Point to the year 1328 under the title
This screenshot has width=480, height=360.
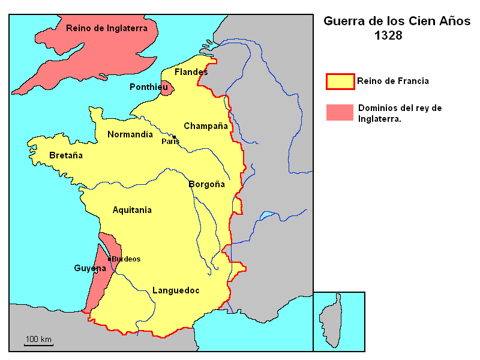[x=388, y=35]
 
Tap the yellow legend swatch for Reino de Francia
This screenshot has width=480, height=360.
[x=340, y=81]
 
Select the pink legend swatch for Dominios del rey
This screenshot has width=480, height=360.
[x=340, y=112]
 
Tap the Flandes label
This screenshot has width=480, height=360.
[x=191, y=72]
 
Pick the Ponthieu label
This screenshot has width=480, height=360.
[x=148, y=87]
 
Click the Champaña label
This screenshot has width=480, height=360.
[x=206, y=126]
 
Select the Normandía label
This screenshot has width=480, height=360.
[x=130, y=134]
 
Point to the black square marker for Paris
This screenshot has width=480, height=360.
[x=174, y=137]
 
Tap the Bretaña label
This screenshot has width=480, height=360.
[x=66, y=155]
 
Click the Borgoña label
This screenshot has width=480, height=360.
[x=206, y=184]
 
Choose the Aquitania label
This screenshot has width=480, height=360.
[x=132, y=210]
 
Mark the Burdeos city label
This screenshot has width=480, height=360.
[x=126, y=259]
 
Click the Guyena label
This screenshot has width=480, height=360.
[x=90, y=268]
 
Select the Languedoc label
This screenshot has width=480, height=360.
[x=176, y=290]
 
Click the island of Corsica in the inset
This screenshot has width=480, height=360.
[x=332, y=324]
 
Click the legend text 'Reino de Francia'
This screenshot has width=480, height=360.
[x=392, y=81]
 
